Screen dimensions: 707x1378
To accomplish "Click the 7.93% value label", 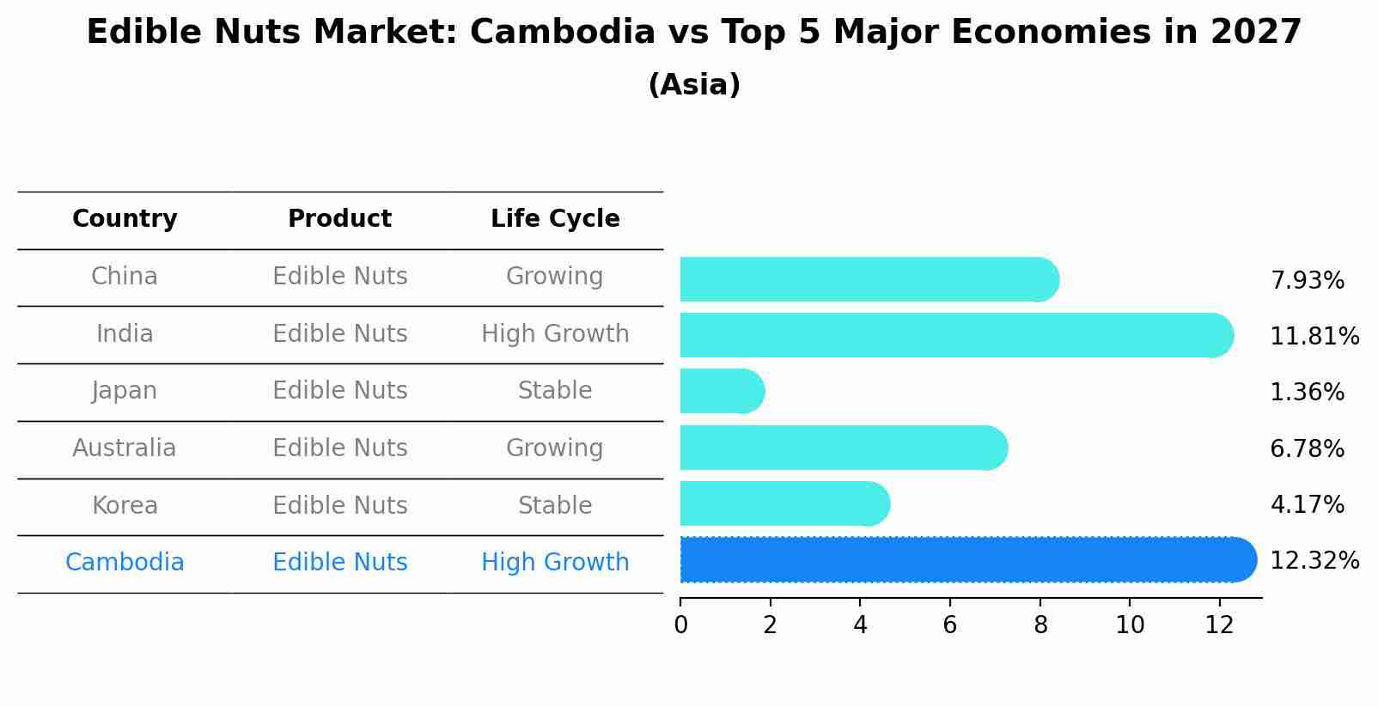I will (1307, 281).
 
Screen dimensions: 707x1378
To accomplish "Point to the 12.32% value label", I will (1314, 561).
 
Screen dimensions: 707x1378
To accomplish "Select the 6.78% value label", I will (1307, 448).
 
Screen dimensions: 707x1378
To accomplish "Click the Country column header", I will (125, 219).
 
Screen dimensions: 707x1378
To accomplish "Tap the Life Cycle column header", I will (555, 219).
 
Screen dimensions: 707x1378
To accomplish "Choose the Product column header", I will (339, 219).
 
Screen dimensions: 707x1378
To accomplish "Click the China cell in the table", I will (125, 277).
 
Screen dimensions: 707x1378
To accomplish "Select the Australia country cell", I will (125, 448).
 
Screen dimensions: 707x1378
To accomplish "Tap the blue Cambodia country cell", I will (125, 563).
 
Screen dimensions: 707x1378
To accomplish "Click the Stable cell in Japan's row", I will (555, 391).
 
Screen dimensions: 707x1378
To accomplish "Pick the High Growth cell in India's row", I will (555, 334).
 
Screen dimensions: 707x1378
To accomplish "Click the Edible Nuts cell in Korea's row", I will (339, 506).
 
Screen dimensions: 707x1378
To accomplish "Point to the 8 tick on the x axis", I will (1040, 625).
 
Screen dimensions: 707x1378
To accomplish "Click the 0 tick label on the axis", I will (681, 625).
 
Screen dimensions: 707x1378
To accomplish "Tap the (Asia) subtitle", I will (694, 85).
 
